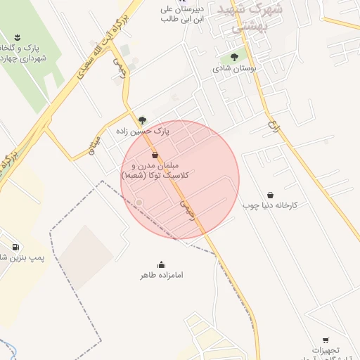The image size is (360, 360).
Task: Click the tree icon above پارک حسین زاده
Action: click(x=143, y=120)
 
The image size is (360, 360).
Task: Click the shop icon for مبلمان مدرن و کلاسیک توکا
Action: click(x=155, y=155)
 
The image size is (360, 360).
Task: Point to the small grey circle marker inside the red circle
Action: click(x=139, y=202)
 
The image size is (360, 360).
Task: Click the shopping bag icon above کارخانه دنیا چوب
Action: click(x=271, y=195)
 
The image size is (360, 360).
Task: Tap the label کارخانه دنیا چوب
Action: click(x=271, y=206)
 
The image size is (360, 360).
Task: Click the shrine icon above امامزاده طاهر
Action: click(x=162, y=264)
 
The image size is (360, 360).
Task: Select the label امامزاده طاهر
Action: click(x=162, y=275)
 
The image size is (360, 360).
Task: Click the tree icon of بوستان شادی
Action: click(x=234, y=58)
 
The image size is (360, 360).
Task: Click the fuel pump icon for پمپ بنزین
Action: click(x=15, y=247)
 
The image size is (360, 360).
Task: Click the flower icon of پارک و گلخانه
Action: click(x=17, y=37)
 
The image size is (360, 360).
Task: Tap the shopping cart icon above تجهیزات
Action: click(x=325, y=340)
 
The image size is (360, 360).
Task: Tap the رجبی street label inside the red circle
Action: click(x=187, y=206)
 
